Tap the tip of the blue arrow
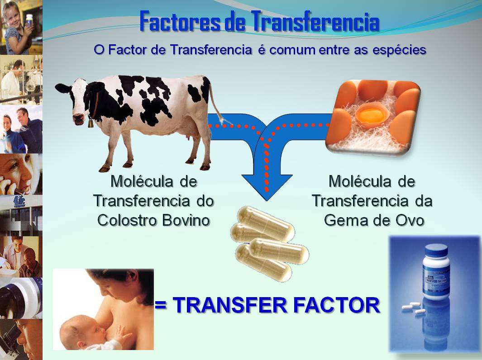click(267, 198)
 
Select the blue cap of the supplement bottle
click(436, 250)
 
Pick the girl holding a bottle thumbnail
click(21, 27)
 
